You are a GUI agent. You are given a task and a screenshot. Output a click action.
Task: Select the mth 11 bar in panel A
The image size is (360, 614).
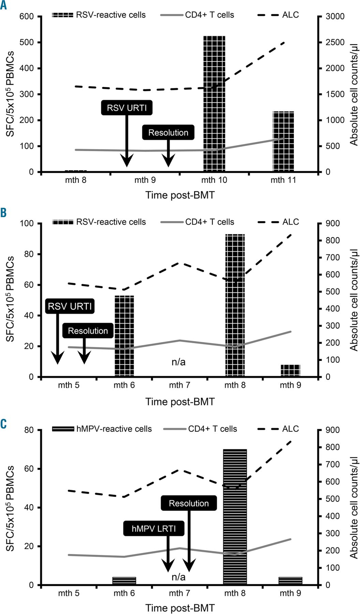tap(283, 141)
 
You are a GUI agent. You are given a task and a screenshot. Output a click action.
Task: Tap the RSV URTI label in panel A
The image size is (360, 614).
tap(127, 108)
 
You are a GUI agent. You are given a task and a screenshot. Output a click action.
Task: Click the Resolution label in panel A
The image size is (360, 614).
tap(168, 133)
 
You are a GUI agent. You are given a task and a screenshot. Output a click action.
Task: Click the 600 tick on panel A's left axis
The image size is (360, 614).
tap(27, 16)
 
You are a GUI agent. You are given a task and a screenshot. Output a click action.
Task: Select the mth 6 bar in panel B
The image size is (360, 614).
tap(124, 336)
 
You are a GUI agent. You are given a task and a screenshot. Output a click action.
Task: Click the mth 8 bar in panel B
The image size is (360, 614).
tap(235, 305)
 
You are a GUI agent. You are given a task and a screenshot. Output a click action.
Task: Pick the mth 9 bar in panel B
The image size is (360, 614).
tap(290, 371)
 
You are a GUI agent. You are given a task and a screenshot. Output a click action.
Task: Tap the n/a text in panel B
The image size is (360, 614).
tap(179, 362)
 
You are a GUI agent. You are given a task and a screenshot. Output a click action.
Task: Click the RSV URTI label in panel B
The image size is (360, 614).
tap(70, 306)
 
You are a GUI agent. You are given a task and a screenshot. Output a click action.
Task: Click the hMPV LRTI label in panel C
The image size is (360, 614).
tap(154, 529)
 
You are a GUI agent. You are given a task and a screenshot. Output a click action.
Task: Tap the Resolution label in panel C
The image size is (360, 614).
tap(189, 503)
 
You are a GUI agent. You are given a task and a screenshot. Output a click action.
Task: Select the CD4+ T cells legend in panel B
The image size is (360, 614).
tap(198, 222)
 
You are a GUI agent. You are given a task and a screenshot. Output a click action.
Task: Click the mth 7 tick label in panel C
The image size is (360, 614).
tap(180, 593)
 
